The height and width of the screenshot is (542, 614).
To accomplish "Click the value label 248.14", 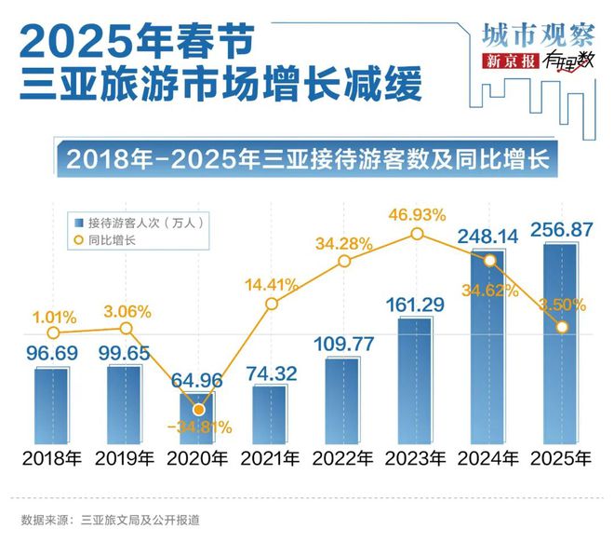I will click(489, 234).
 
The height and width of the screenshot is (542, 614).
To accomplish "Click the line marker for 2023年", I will click(416, 236).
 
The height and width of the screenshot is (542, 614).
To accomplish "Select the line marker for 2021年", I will click(271, 304).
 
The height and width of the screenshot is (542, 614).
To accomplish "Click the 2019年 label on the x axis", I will click(125, 457).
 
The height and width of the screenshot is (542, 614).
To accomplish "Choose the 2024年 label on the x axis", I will click(488, 457).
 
